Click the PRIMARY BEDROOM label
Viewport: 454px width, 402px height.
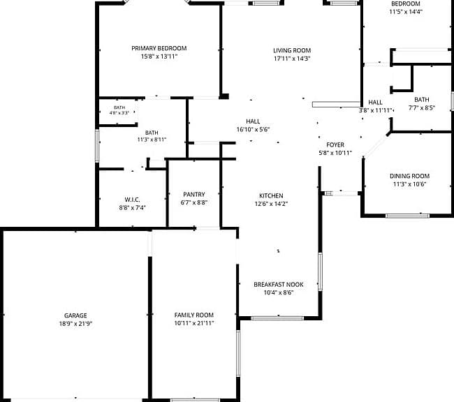click(x=159, y=48)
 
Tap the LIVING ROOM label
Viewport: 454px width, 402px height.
click(x=292, y=50)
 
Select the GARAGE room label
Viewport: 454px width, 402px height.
click(x=75, y=315)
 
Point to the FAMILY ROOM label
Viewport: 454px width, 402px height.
click(x=194, y=315)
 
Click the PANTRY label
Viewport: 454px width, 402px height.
click(x=194, y=195)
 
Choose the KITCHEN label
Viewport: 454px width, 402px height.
click(x=271, y=195)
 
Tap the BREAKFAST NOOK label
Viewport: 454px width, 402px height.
click(x=279, y=285)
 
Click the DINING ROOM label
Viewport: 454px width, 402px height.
click(x=410, y=176)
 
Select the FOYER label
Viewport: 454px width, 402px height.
click(x=335, y=144)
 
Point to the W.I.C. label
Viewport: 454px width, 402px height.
click(x=132, y=200)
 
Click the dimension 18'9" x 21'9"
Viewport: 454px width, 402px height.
click(x=75, y=324)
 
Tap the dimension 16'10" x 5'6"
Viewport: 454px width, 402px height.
click(x=253, y=129)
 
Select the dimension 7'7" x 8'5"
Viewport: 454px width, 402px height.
click(x=422, y=108)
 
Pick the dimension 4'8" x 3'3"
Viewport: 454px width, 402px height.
click(x=119, y=113)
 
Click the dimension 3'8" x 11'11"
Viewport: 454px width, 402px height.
click(x=375, y=110)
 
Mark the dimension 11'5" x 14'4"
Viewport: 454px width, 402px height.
click(x=406, y=12)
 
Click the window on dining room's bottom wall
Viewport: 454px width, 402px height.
click(x=408, y=216)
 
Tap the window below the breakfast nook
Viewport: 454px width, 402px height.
click(x=277, y=318)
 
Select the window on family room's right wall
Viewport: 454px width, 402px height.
click(x=238, y=354)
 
